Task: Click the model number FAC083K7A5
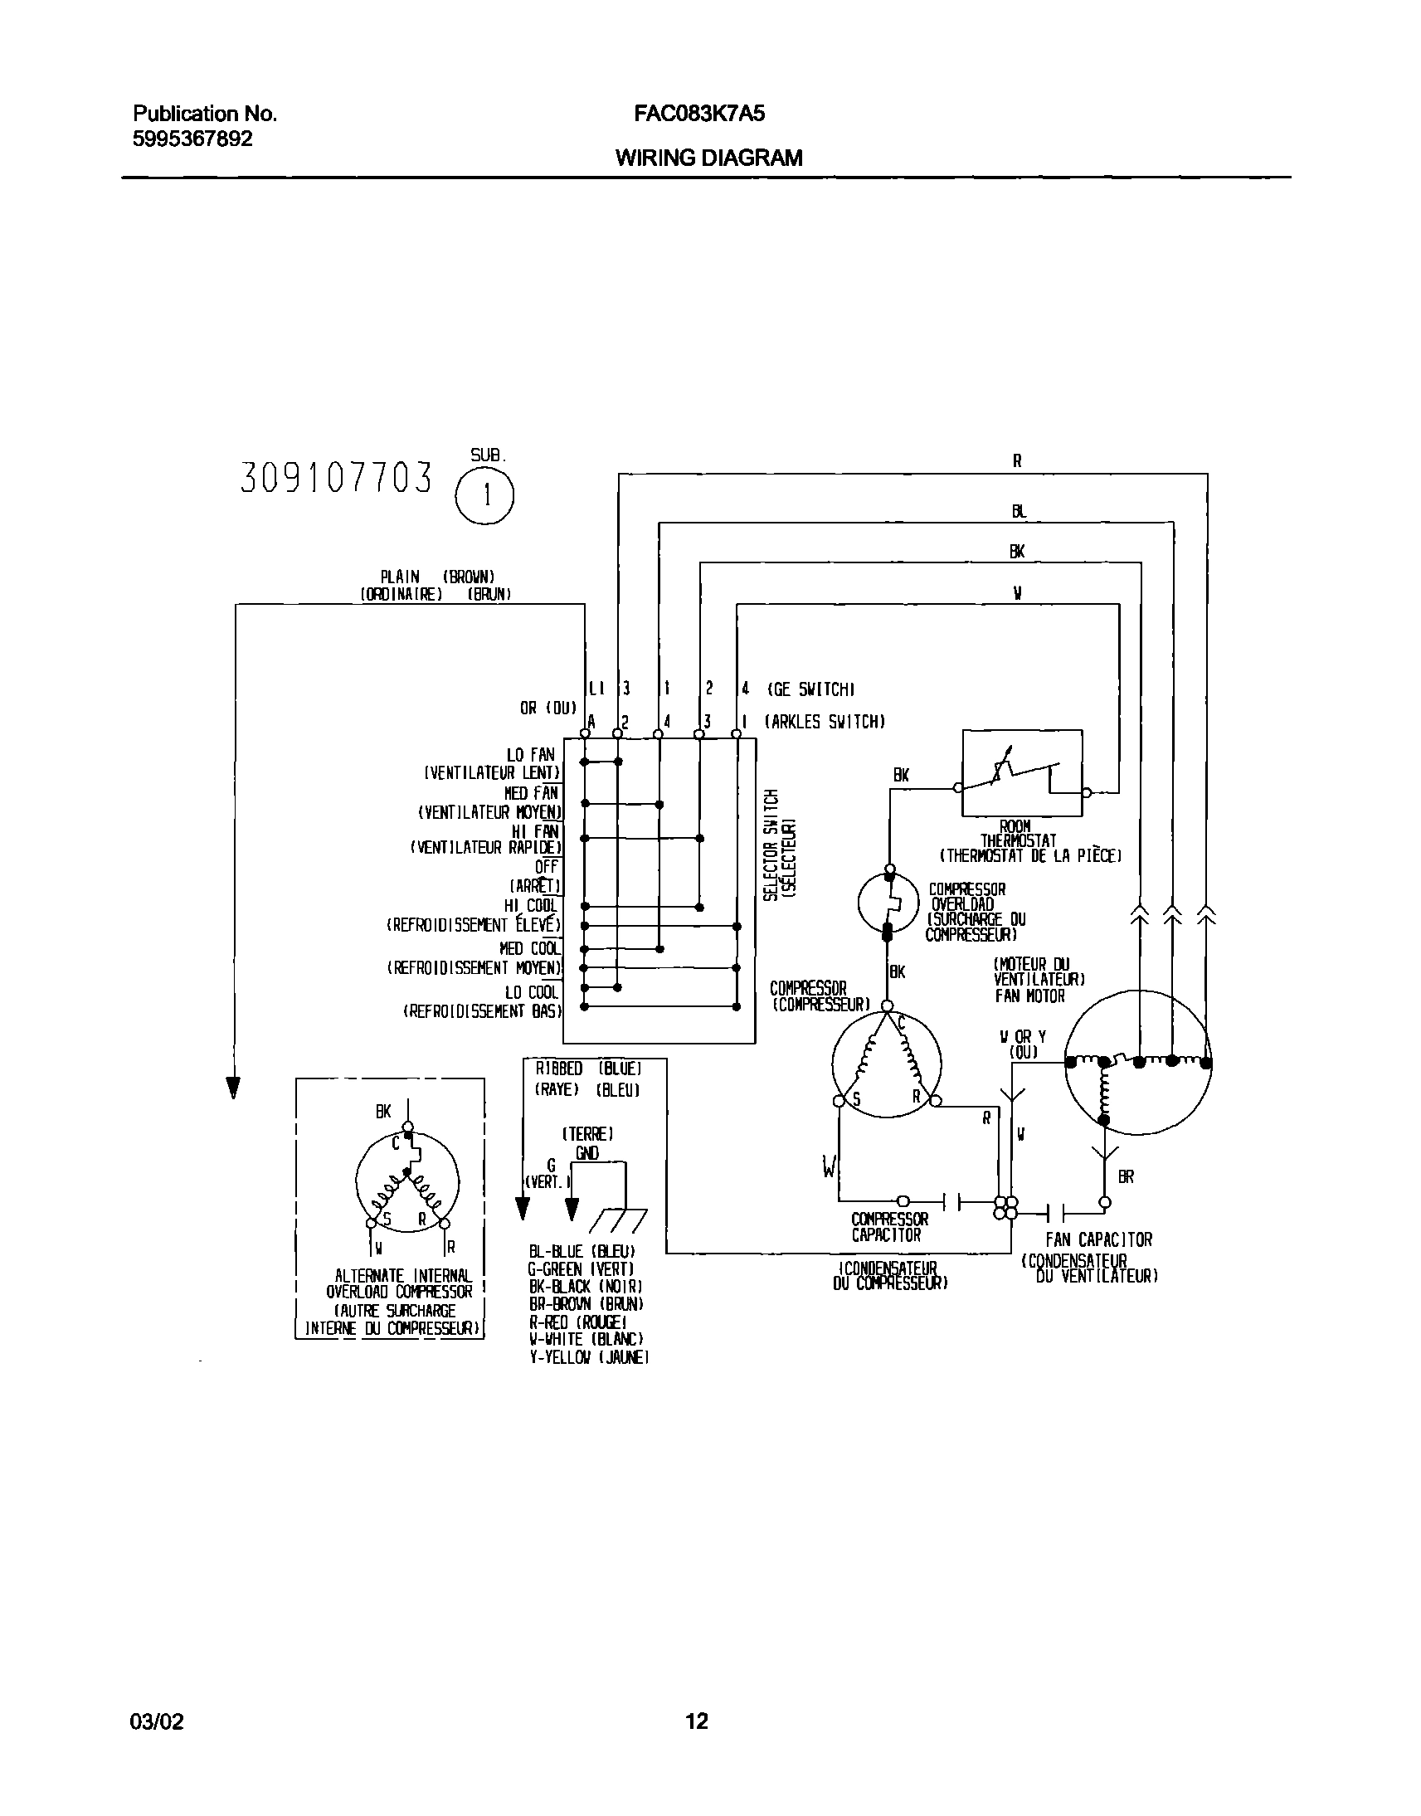(x=698, y=114)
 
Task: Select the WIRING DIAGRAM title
(x=708, y=158)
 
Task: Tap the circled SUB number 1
(x=485, y=496)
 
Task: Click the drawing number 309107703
(x=336, y=479)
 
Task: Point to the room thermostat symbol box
(x=1022, y=774)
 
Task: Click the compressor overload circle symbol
(x=888, y=902)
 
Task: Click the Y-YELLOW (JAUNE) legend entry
(x=588, y=1357)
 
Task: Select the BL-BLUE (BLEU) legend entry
(x=582, y=1252)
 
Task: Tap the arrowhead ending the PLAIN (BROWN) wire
(x=234, y=1088)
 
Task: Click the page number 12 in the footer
(x=696, y=1721)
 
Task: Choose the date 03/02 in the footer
(x=157, y=1721)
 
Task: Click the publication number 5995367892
(x=192, y=139)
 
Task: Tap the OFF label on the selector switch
(x=546, y=867)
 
